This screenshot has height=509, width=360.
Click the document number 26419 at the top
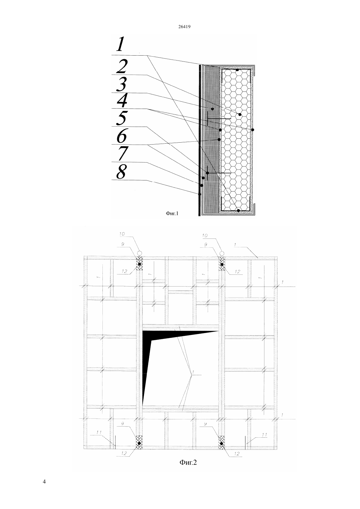(184, 26)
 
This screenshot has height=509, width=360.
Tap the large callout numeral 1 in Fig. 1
(120, 44)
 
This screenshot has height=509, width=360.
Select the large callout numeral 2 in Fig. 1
(122, 66)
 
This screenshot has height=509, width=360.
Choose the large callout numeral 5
(122, 118)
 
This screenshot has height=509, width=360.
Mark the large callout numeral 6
(122, 136)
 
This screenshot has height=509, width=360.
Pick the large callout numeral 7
(122, 153)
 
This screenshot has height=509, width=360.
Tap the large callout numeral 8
(121, 171)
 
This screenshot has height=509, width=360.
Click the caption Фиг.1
(172, 213)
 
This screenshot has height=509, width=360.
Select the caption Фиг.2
(188, 462)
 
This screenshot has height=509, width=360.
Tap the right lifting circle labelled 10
(222, 253)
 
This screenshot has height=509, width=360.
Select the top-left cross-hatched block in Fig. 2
(139, 264)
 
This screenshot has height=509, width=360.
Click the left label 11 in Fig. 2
(99, 432)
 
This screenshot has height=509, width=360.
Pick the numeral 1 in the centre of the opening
(193, 372)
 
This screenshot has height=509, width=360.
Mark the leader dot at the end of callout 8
(200, 194)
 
